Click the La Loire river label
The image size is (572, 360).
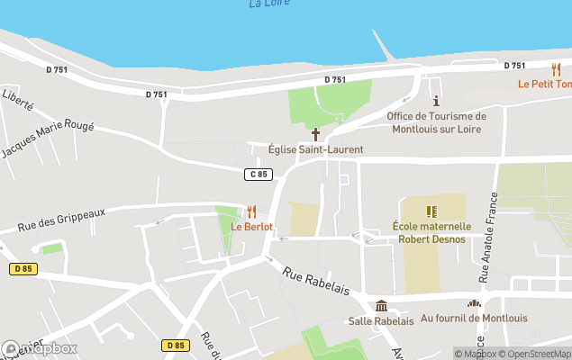tap(269, 4)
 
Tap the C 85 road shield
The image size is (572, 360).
tap(259, 174)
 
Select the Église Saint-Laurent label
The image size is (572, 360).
tap(316, 149)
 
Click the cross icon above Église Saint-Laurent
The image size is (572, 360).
tap(315, 133)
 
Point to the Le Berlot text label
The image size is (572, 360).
tap(252, 227)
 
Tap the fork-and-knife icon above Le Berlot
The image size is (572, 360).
tap(252, 211)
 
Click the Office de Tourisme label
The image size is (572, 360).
tap(437, 122)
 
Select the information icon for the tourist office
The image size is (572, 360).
tap(437, 101)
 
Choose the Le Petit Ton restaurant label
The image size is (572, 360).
tap(544, 84)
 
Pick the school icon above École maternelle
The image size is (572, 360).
tap(431, 211)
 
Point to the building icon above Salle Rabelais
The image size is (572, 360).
tap(381, 305)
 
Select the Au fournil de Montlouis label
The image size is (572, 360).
tap(474, 319)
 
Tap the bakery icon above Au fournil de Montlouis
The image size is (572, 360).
tap(474, 303)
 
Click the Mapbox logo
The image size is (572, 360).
tap(40, 348)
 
